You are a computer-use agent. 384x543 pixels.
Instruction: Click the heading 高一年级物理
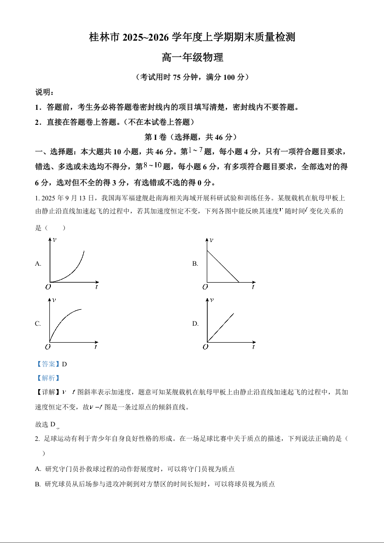(x=192, y=58)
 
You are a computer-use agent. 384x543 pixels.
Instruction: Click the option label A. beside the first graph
(x=38, y=264)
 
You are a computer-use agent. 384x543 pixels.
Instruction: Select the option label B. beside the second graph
(x=195, y=264)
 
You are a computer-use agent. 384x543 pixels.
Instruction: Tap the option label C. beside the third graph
(x=38, y=324)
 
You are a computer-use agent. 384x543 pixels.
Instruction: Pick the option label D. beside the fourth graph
(x=195, y=324)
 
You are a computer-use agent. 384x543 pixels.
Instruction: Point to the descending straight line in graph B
(x=223, y=266)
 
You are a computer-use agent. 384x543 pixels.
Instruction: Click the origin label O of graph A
(x=48, y=287)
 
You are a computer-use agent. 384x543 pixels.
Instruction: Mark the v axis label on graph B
(x=211, y=240)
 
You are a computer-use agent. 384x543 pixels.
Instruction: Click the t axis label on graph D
(x=253, y=347)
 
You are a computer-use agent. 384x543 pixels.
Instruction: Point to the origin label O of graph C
(x=48, y=347)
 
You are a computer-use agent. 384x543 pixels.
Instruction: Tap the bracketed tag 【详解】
(x=45, y=392)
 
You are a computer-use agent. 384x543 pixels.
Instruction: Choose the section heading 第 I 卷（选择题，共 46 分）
(x=192, y=137)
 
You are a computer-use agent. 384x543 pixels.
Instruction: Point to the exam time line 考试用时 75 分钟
(x=192, y=77)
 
